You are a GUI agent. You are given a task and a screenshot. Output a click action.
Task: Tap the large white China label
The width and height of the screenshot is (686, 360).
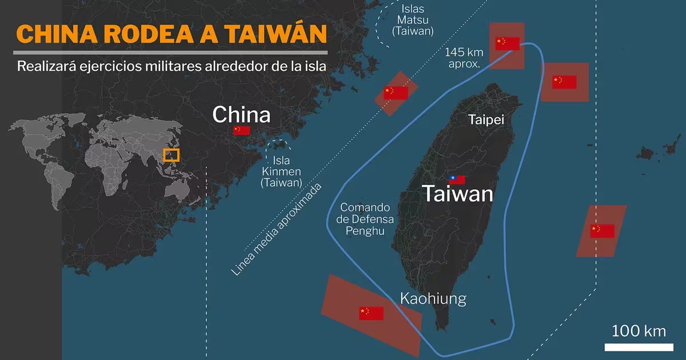[x=241, y=114]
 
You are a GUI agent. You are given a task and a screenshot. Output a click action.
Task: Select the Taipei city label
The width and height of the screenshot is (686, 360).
[x=486, y=120]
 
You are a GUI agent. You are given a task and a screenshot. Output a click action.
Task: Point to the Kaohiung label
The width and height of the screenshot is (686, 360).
[x=433, y=298]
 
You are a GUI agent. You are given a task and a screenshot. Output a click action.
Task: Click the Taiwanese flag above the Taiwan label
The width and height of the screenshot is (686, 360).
[x=457, y=179]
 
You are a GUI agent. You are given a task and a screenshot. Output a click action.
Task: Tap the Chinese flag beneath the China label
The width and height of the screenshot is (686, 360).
[x=241, y=130]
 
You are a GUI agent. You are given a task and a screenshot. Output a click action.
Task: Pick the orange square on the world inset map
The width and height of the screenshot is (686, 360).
[x=171, y=155]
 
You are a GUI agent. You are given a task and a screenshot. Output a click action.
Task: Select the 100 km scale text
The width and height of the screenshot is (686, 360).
[x=639, y=331]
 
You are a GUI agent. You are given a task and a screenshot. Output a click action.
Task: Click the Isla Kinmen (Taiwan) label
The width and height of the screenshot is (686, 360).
[x=281, y=171]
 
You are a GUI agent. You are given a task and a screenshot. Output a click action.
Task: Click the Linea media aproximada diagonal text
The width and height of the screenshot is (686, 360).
[x=278, y=229]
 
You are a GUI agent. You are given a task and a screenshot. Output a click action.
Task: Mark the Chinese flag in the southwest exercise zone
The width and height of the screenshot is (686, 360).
[x=371, y=313]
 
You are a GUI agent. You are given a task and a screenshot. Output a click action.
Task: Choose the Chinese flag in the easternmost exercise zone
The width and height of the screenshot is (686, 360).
[x=603, y=231]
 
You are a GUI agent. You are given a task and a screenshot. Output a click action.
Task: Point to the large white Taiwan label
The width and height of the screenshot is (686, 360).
[x=457, y=194]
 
